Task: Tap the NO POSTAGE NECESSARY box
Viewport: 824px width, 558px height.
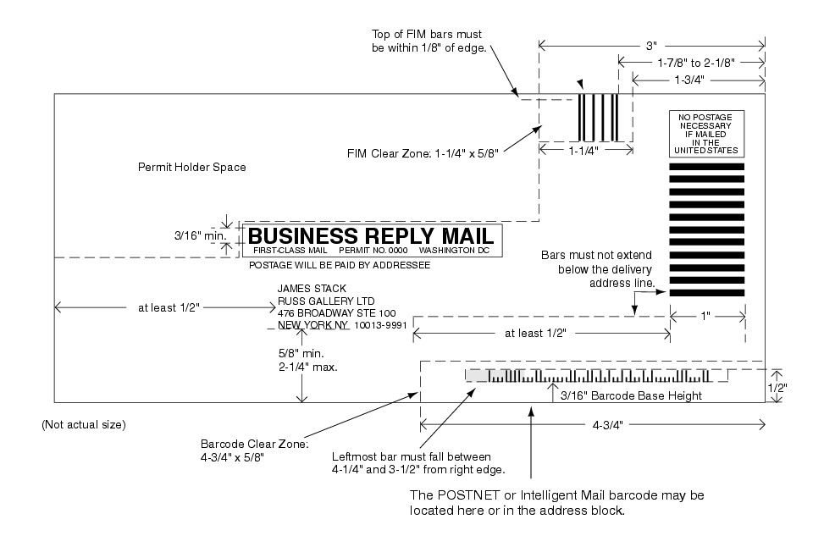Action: click(706, 133)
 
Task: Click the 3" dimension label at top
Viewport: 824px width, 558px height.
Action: click(651, 43)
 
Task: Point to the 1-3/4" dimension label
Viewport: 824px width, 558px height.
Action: click(691, 79)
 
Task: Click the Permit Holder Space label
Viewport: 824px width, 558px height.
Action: click(191, 168)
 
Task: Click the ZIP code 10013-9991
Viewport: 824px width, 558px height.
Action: click(380, 325)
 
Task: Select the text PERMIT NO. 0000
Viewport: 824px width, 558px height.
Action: click(373, 251)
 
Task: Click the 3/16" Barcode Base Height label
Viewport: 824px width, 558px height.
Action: click(626, 395)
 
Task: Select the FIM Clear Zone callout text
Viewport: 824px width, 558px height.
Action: click(423, 153)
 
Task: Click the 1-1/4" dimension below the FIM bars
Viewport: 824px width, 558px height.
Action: click(583, 150)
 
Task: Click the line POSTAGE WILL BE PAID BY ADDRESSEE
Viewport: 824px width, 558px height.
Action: click(339, 265)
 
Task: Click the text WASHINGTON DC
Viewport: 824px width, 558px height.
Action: click(454, 251)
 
